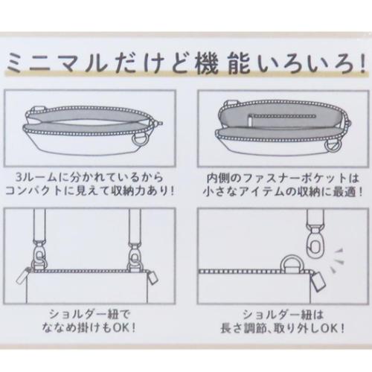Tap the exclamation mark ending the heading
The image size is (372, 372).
pos(364,65)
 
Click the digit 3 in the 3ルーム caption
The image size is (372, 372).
pos(19,178)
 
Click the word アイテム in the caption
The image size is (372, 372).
pos(262,192)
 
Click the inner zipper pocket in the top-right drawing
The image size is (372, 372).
pos(282,118)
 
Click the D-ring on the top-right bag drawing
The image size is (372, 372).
pos(335,149)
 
